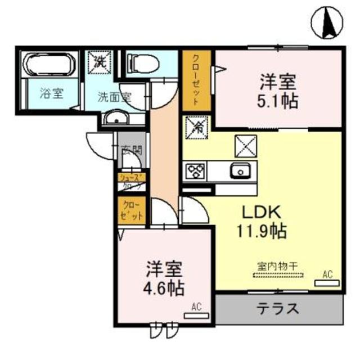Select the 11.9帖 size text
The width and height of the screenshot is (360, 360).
pos(262,231)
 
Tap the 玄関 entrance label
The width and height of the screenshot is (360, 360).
pos(131,150)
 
